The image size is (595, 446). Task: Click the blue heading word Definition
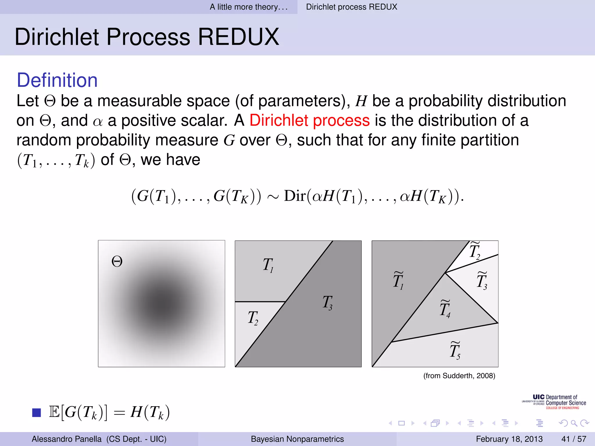tap(57, 80)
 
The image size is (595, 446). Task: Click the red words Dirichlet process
tap(309, 120)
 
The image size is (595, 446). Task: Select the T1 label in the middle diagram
tap(268, 265)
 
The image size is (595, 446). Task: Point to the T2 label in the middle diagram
tap(253, 318)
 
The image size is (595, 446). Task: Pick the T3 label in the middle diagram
tap(327, 303)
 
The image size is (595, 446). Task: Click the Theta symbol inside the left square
tap(117, 262)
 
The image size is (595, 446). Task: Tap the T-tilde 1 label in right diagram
tap(398, 280)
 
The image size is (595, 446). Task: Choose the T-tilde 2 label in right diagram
tap(475, 251)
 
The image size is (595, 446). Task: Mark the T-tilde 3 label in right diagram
tap(482, 280)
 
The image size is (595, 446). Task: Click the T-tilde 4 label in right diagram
tap(445, 309)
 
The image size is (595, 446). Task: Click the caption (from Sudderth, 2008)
tap(459, 376)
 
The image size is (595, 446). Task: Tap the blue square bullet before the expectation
tap(37, 412)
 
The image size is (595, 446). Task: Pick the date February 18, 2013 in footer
tap(509, 439)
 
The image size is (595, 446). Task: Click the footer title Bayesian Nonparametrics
tap(297, 439)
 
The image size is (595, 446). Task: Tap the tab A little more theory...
tap(249, 7)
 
